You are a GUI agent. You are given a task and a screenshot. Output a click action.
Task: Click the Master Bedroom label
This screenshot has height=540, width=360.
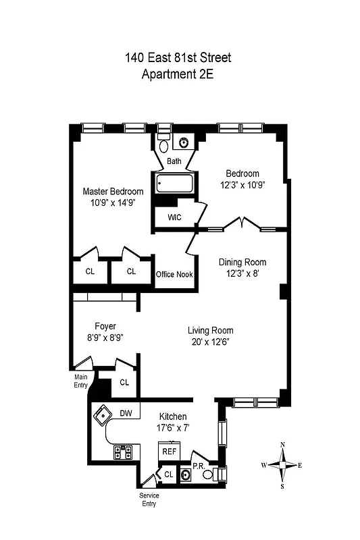pos(113,191)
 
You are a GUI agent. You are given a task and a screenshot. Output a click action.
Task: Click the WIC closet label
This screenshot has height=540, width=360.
pos(165,217)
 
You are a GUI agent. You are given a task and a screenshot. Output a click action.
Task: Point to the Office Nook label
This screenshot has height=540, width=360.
pos(174,274)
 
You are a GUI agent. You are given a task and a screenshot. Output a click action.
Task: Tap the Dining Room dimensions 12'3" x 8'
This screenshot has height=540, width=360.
pos(242,273)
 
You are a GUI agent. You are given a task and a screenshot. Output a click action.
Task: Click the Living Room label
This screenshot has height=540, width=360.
pos(211,330)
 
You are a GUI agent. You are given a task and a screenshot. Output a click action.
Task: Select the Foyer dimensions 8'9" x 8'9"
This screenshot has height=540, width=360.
pos(105,337)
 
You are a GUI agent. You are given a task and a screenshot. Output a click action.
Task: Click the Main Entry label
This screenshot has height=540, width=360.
pos(81,381)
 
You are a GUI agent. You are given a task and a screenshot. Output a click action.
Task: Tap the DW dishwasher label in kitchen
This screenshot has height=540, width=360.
pos(126,413)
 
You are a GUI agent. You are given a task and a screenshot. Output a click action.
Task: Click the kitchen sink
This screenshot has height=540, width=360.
pos(103,414)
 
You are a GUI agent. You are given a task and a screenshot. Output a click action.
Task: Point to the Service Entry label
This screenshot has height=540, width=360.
pos(149,500)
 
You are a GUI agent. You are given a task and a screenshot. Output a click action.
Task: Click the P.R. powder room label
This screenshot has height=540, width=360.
pos(199,466)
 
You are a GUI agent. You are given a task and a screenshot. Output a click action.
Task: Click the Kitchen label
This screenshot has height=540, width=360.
pos(173,416)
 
